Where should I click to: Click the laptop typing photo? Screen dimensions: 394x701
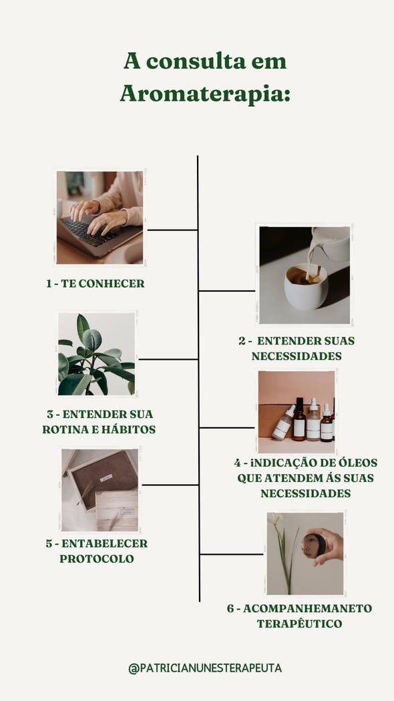click(100, 217)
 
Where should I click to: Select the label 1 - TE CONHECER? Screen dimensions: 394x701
click(95, 284)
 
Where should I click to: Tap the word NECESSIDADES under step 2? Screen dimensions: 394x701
click(297, 357)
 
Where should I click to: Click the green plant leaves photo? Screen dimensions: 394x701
click(97, 354)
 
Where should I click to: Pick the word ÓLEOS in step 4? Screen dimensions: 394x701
click(346, 462)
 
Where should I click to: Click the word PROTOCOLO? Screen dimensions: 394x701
click(97, 559)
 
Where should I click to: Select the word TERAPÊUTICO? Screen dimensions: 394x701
click(299, 624)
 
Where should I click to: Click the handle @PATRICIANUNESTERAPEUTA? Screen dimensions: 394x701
click(205, 668)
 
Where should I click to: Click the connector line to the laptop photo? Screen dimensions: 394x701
click(172, 230)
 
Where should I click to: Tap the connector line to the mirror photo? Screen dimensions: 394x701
click(232, 554)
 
